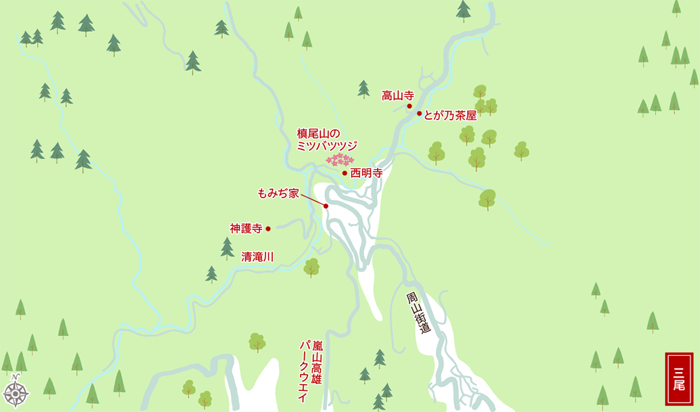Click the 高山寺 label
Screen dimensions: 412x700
(397, 95)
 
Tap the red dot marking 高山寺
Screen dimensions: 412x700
(409, 106)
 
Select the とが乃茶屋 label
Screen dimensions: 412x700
(450, 115)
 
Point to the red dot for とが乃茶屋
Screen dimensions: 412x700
(419, 114)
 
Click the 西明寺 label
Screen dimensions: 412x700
(366, 173)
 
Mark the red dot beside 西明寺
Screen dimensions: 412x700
(345, 173)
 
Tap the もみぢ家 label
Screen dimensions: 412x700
(278, 193)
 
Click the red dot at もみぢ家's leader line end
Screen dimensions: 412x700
(326, 206)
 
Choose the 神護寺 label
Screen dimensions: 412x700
(246, 229)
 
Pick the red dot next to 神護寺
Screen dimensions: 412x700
(268, 229)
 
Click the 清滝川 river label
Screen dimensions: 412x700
(257, 256)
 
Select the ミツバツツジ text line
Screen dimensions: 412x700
(327, 145)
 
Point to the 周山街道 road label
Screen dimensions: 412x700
(418, 313)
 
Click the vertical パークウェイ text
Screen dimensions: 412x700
(303, 371)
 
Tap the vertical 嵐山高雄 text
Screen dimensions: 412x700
(317, 363)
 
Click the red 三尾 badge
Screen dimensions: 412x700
(679, 378)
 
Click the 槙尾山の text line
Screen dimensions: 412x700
(321, 133)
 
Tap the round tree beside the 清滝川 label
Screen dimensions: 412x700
(311, 267)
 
